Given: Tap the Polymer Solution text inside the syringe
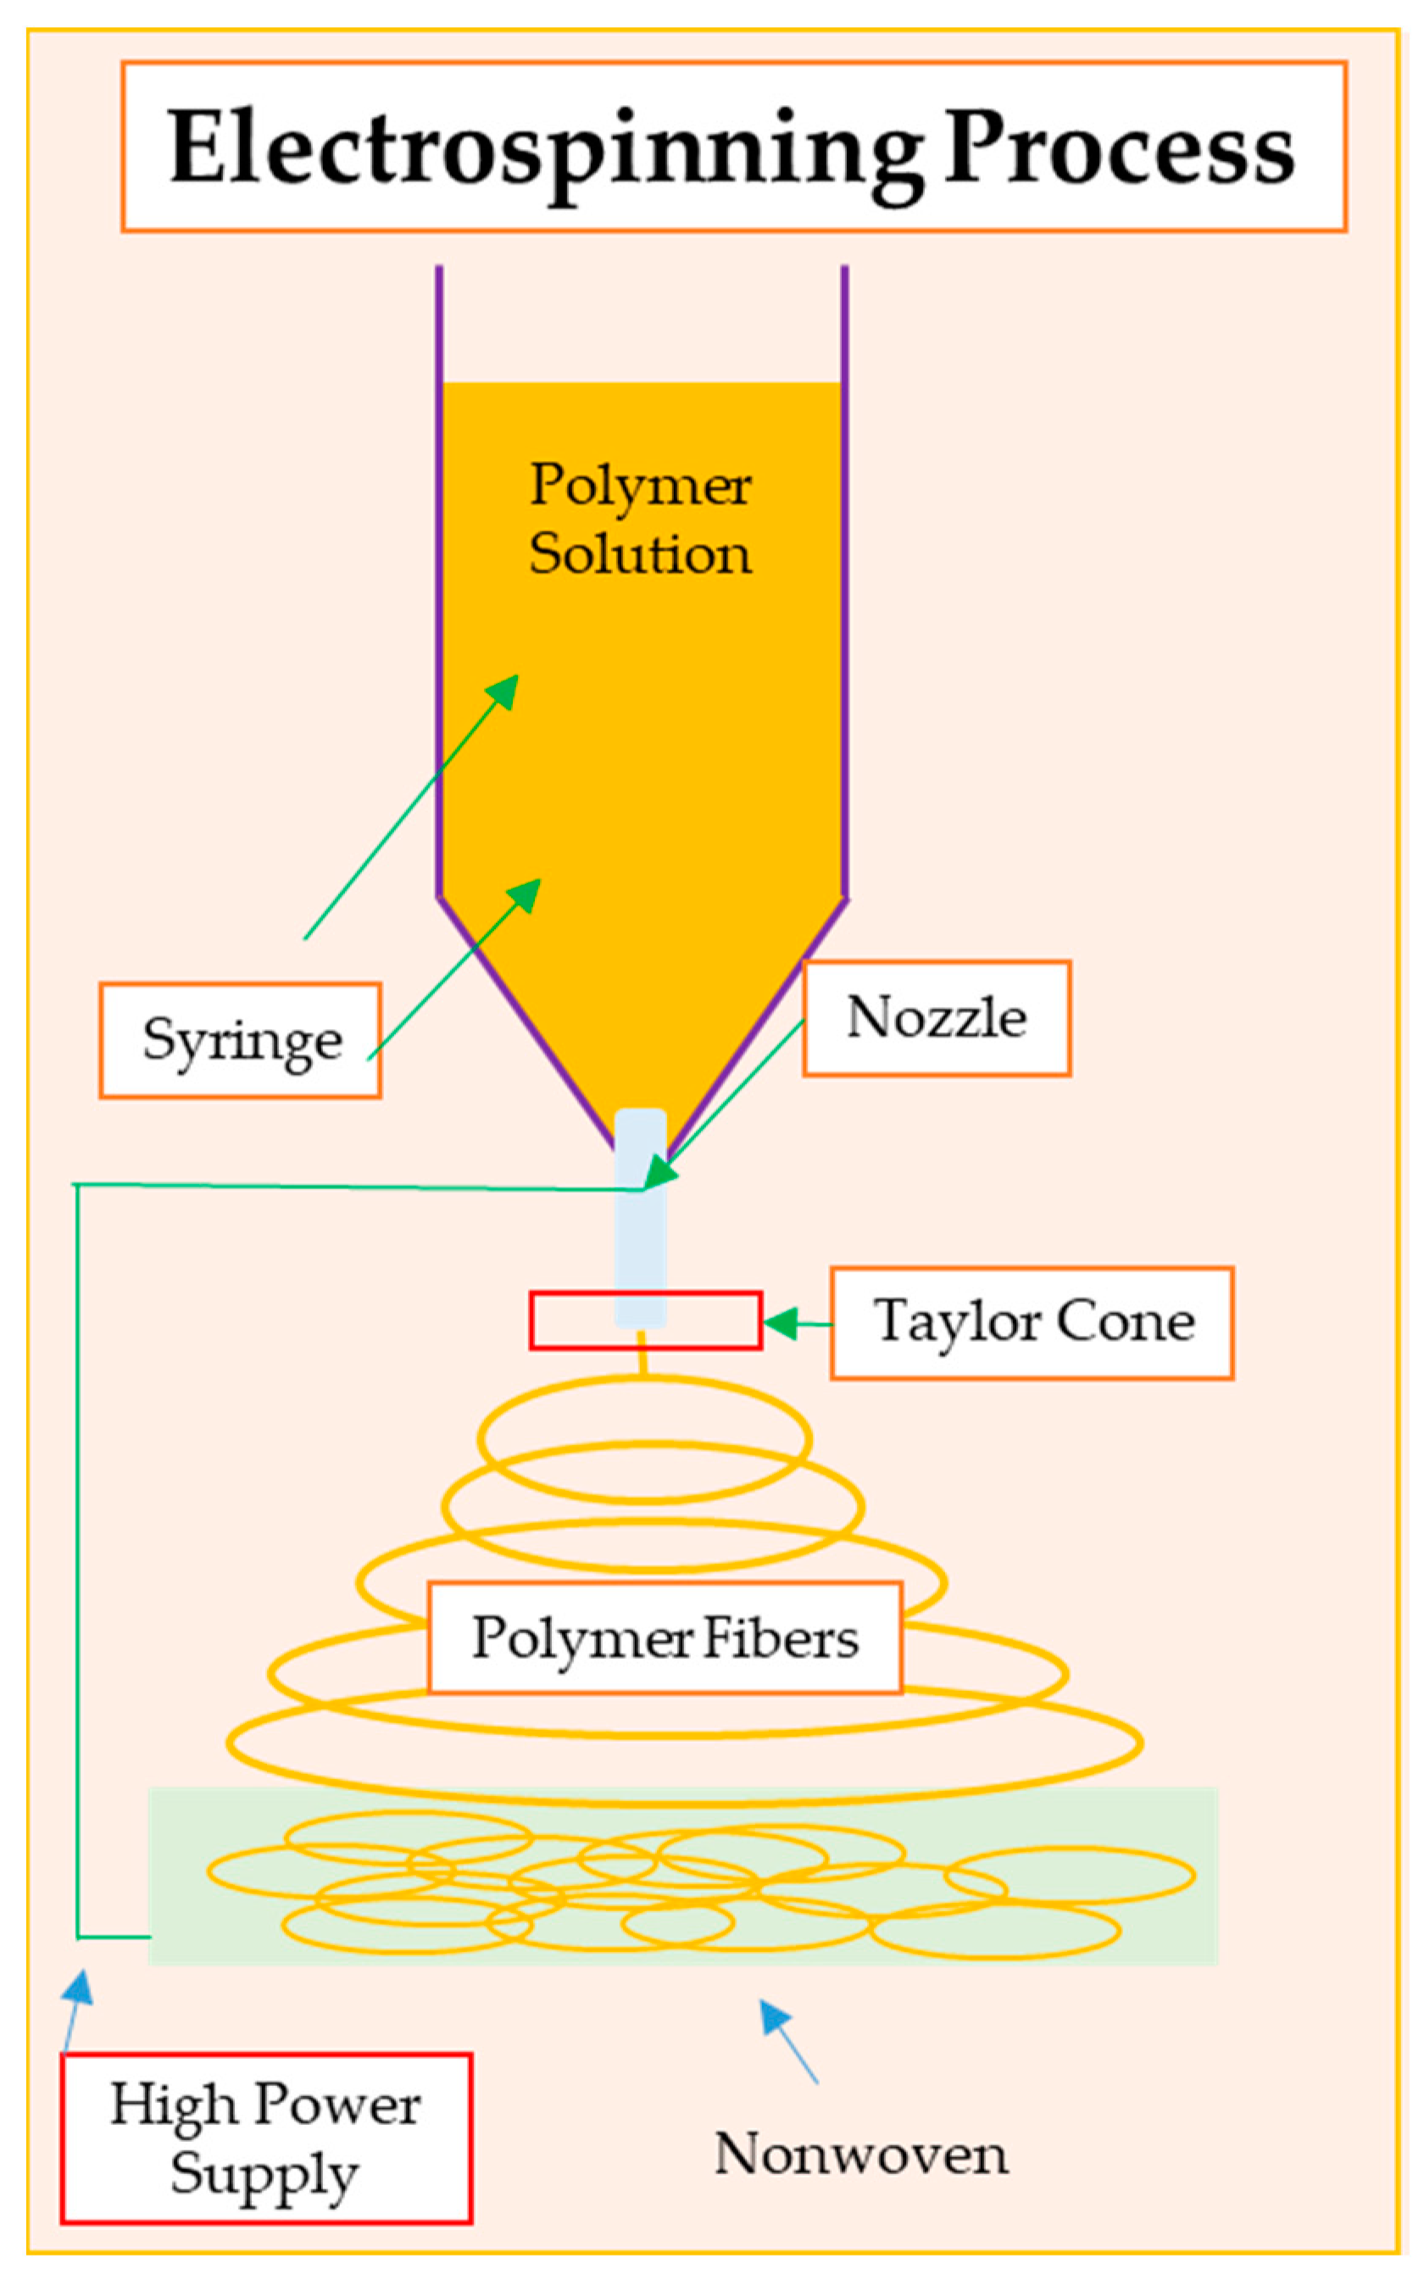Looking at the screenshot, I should tap(641, 519).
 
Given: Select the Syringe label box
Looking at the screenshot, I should tap(240, 1040).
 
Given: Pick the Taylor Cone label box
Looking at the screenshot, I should tap(1032, 1323).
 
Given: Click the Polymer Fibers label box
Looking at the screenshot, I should tap(665, 1638).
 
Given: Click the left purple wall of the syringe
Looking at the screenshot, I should tap(439, 584).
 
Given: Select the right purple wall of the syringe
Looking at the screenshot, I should tap(845, 584).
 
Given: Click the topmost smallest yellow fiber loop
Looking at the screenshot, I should tap(644, 1438).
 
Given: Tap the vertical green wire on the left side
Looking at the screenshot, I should tap(77, 1554).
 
